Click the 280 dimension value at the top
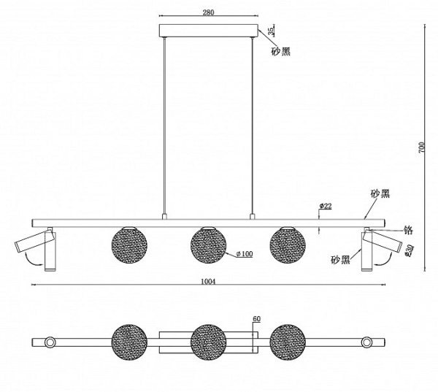click(208, 12)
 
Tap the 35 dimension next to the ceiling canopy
click(271, 31)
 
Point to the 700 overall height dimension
click(421, 147)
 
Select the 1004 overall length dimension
click(208, 281)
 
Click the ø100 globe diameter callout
click(245, 254)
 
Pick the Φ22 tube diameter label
click(326, 206)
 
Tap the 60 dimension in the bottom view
click(257, 319)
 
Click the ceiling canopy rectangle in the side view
click(208, 31)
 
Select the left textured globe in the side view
click(129, 245)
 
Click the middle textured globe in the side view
click(208, 245)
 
